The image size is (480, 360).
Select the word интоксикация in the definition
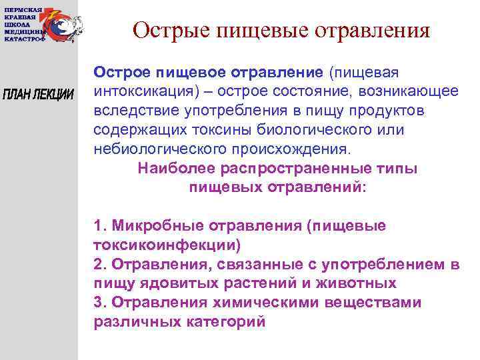tap(137, 90)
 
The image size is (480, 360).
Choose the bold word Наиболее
tap(173, 169)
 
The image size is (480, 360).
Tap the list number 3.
tap(99, 302)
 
